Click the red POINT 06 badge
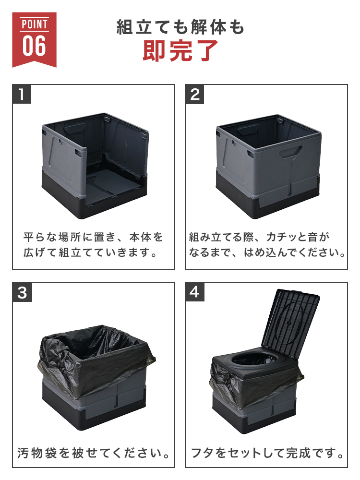(x=34, y=39)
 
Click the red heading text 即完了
(x=180, y=50)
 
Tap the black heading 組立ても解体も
(x=180, y=27)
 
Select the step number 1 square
(x=22, y=94)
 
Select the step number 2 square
(x=195, y=94)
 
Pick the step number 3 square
(x=22, y=292)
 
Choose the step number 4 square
(x=195, y=292)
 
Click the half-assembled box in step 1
(x=95, y=165)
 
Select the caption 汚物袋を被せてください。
(x=94, y=453)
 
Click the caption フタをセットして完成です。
(x=267, y=453)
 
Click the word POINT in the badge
(x=34, y=24)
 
